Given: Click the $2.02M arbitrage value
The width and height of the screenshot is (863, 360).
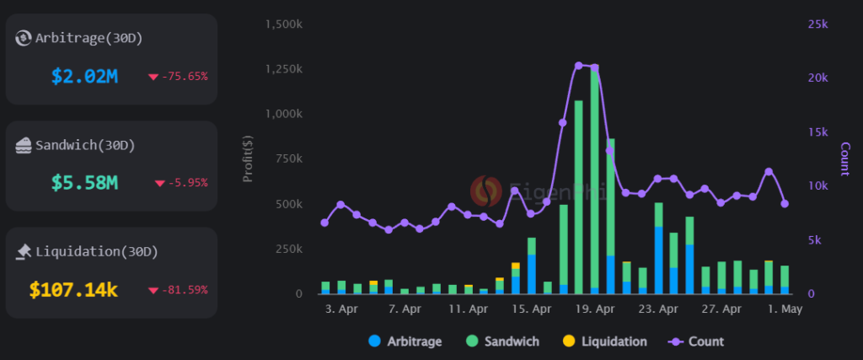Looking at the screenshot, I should tap(84, 76).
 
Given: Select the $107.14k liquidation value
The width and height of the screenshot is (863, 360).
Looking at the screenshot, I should tap(73, 290).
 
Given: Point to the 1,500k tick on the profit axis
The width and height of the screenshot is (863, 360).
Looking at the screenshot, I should tap(284, 24).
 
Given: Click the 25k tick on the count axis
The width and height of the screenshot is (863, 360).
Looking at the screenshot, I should tap(817, 24).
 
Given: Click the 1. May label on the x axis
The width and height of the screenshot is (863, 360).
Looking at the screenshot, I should tap(784, 309).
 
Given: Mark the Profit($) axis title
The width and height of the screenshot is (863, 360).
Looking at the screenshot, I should tap(248, 159).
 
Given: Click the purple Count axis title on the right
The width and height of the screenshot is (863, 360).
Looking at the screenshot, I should tap(844, 159).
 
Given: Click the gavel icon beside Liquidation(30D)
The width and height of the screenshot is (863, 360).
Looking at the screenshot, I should tap(24, 251).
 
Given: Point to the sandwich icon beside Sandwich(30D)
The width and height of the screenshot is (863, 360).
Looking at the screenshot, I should tap(24, 145).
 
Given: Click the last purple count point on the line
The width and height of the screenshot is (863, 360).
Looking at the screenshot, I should tap(785, 203).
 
